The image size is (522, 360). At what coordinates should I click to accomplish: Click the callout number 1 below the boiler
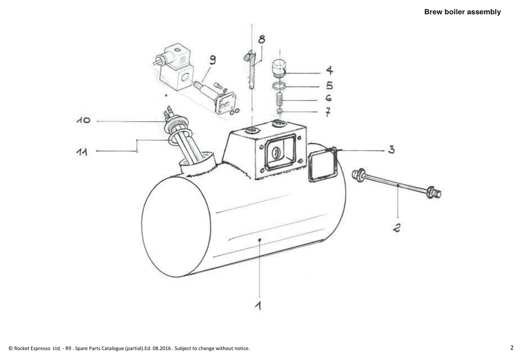tap(258, 305)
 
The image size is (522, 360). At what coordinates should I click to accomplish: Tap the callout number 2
tap(397, 228)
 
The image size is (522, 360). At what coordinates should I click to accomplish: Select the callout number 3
tap(391, 149)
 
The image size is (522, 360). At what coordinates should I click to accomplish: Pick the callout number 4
tap(330, 70)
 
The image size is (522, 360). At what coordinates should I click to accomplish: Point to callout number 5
tap(330, 86)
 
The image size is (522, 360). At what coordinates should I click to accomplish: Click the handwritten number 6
tap(329, 98)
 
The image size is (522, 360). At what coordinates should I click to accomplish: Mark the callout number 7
tap(328, 112)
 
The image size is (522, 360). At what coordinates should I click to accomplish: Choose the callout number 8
tap(262, 39)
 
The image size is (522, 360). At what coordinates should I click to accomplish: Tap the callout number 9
tap(213, 60)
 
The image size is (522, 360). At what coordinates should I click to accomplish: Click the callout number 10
tap(84, 120)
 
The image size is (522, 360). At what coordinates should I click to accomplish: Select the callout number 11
tap(82, 152)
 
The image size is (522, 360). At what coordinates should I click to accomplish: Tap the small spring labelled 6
tap(279, 99)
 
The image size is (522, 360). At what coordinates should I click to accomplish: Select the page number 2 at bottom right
tap(512, 348)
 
